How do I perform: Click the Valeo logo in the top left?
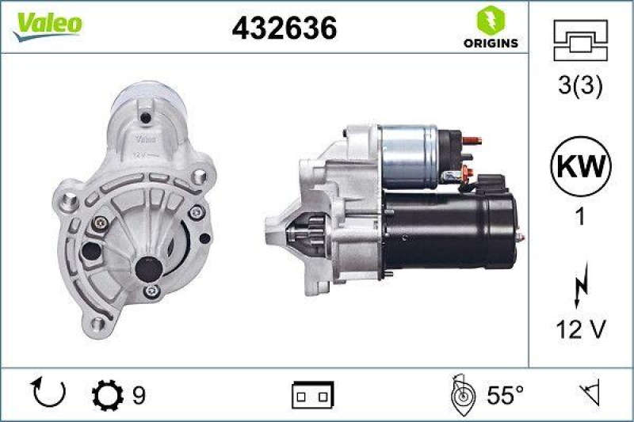[x=46, y=24]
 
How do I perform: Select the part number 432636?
[x=285, y=29]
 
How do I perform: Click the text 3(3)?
[x=580, y=86]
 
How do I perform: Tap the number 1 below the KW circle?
[x=580, y=216]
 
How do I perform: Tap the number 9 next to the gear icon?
[x=139, y=393]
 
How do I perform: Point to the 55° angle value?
[x=506, y=393]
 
